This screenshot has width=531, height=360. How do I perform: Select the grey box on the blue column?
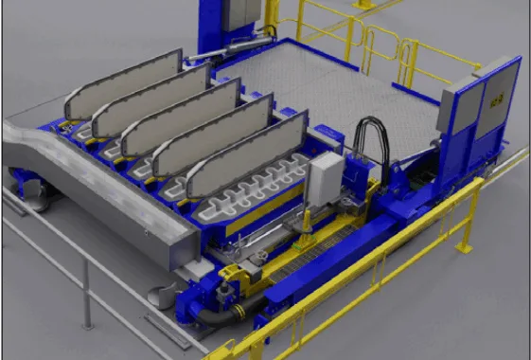pyautogui.click(x=244, y=14)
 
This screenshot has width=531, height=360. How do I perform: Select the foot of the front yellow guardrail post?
pyautogui.click(x=463, y=248)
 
